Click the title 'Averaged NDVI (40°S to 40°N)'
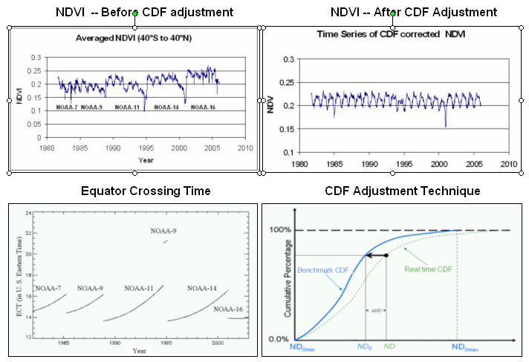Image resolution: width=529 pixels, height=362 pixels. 134,38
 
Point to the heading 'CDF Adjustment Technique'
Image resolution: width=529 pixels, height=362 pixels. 402,191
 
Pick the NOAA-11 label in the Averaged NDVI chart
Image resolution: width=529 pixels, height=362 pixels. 127,108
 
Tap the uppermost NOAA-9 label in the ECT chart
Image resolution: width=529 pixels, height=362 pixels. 163,231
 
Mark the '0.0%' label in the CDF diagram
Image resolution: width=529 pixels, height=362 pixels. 278,339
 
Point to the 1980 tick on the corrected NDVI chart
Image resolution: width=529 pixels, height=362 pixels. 299,162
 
